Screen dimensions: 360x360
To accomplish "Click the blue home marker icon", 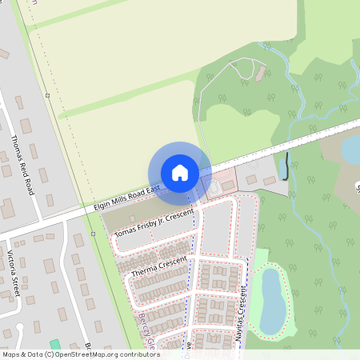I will [180, 172].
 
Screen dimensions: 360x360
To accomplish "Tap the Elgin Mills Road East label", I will [126, 195].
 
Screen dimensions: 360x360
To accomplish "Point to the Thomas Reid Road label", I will [22, 165].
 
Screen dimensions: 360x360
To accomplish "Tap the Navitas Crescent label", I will [241, 326].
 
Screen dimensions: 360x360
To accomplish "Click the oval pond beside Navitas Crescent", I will [270, 300].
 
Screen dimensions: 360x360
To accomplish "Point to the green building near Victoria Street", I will [54, 345].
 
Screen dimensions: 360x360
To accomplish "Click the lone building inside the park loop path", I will [260, 74].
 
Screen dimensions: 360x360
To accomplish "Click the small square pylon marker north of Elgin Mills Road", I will [48, 96].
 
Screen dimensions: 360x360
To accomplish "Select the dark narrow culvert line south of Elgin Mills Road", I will [286, 166].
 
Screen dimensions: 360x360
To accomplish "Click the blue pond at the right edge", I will [350, 149].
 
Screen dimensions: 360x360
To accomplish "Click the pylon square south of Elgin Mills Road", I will [94, 233].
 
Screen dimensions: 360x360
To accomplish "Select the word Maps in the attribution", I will [11, 354].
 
